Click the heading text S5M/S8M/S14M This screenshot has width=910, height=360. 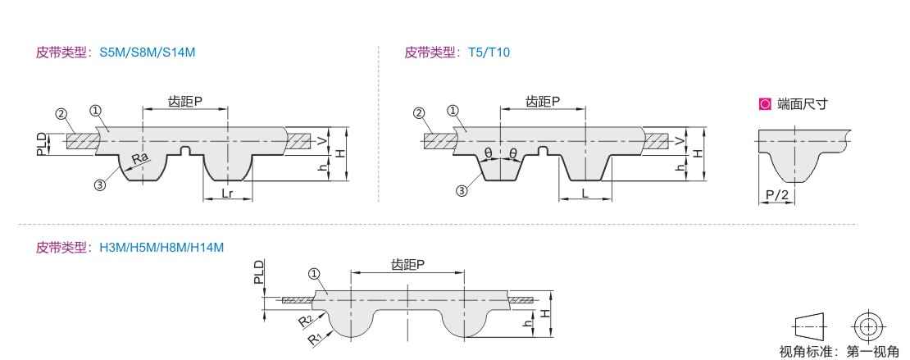[x=148, y=52]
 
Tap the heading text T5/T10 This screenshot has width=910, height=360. [x=489, y=52]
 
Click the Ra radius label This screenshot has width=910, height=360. [x=140, y=157]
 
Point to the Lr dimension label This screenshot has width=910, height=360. [x=229, y=193]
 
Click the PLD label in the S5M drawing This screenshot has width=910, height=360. [x=42, y=143]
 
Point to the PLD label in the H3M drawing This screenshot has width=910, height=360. [x=259, y=272]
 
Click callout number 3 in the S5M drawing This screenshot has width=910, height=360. [x=100, y=185]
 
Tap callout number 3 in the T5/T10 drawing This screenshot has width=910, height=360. [x=462, y=190]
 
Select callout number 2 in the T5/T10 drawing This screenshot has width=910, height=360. [x=419, y=113]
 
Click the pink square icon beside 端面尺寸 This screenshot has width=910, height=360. [x=765, y=104]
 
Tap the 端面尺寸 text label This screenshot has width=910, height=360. [x=803, y=104]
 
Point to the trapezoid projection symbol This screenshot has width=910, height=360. [x=808, y=326]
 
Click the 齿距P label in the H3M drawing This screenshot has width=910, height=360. [x=407, y=264]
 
